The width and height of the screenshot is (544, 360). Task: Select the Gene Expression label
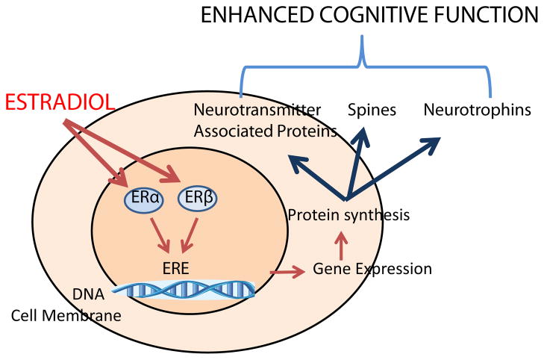[x=372, y=267]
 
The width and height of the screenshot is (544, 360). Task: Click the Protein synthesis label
[x=348, y=216]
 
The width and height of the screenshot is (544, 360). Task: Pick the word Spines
[x=372, y=111]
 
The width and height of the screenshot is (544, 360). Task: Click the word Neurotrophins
[x=477, y=111]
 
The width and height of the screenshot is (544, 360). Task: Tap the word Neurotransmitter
[x=257, y=111]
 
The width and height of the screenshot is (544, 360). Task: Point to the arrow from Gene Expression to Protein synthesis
[x=340, y=243]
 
